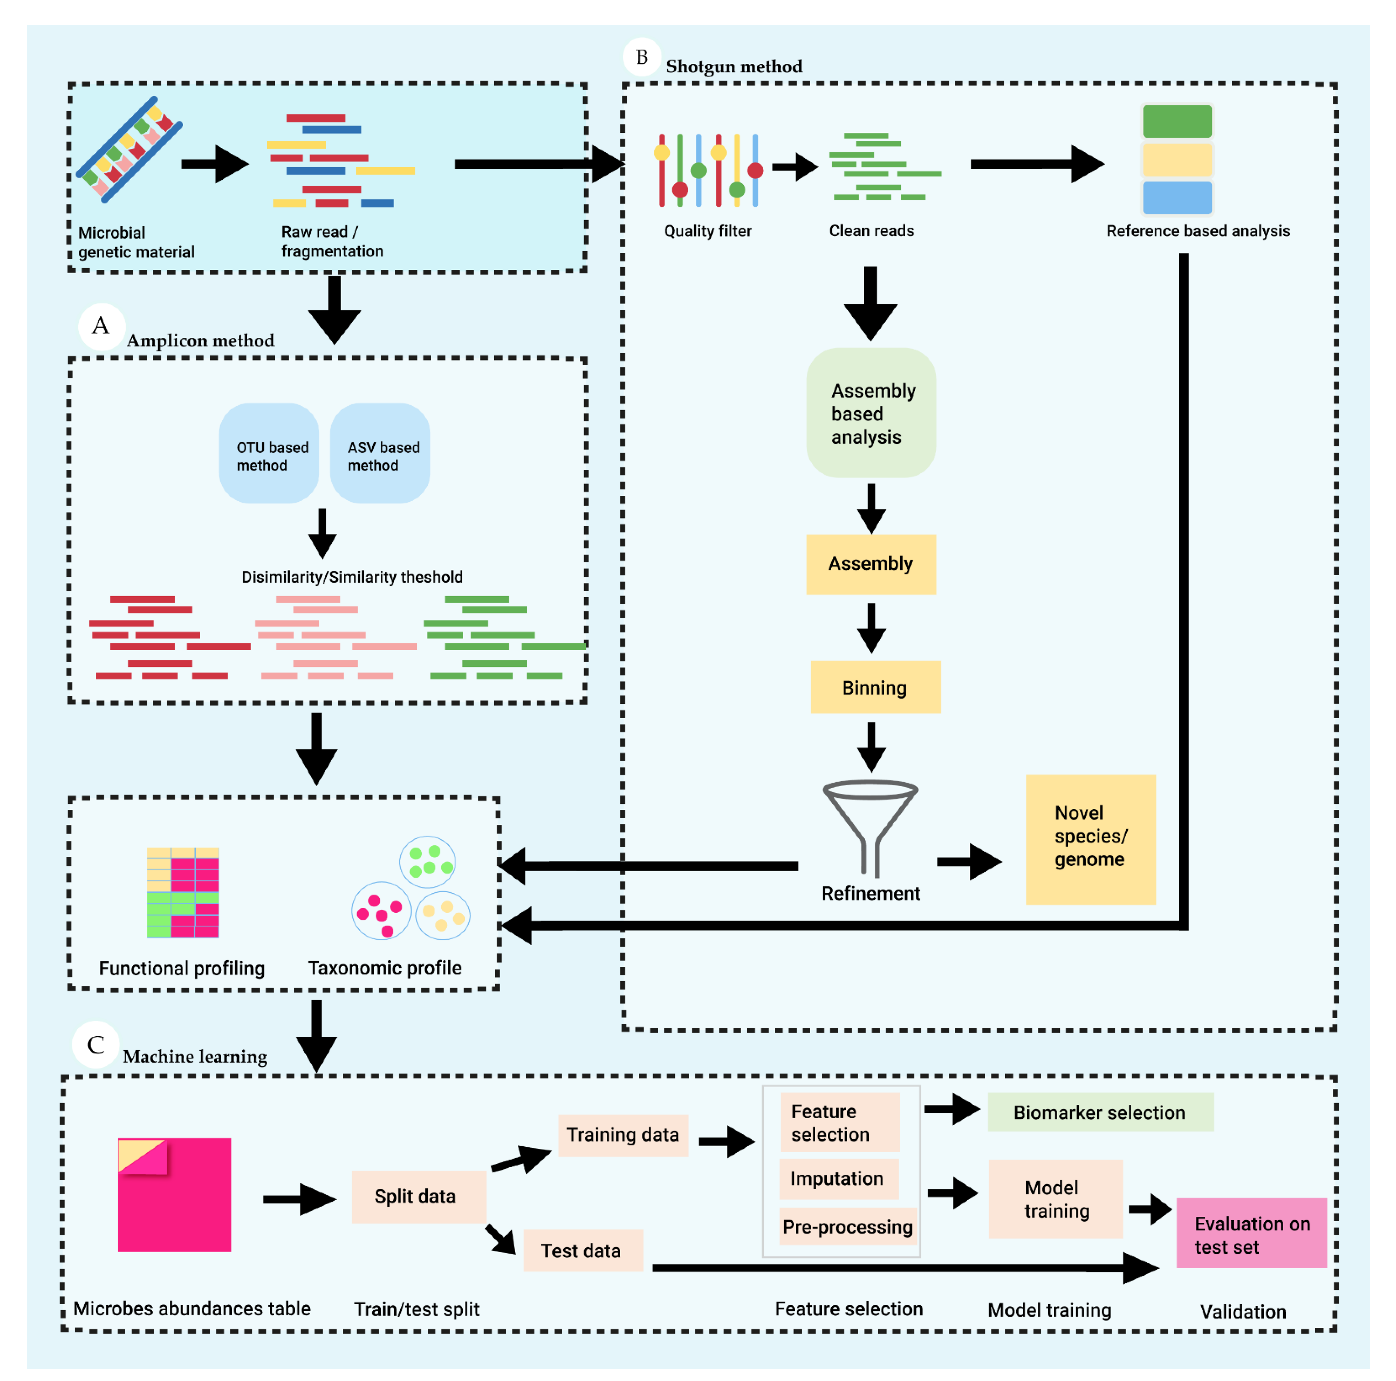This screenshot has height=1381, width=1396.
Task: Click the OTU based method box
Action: tap(269, 453)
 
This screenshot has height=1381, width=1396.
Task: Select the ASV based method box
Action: tap(380, 453)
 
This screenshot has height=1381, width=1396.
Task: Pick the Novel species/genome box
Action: tap(1090, 839)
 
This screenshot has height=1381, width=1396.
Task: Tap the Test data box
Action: tap(582, 1250)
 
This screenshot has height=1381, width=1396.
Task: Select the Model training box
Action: tap(1055, 1199)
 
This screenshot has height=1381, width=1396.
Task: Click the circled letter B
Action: tap(641, 57)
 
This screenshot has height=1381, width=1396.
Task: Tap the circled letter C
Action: tap(95, 1044)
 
